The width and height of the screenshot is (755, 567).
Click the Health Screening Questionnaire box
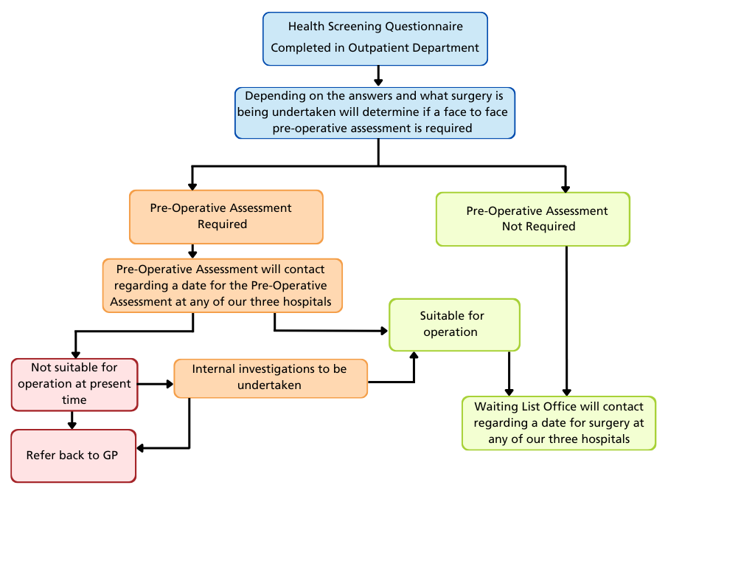coord(375,38)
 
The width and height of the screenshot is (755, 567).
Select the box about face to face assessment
coord(375,113)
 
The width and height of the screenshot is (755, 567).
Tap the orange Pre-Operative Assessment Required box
coord(226,216)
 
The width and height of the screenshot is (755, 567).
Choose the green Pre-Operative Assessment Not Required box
coord(532,219)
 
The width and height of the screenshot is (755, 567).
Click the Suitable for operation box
coord(454,324)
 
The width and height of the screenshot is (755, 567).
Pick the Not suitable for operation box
coord(74,384)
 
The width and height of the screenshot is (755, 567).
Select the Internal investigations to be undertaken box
coord(270,377)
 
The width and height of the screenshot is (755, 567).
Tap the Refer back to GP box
coord(73,456)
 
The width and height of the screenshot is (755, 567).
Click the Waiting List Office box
coord(558,422)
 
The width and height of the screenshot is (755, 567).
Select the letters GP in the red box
coord(110,456)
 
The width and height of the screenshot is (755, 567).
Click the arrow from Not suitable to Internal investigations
coord(156,384)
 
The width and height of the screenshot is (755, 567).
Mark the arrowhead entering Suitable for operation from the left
coord(384,331)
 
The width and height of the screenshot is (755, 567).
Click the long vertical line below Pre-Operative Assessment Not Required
coord(566,317)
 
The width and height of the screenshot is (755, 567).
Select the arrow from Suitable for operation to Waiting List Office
coord(509,374)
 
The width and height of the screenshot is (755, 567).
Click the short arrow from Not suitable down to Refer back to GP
coord(72,420)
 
